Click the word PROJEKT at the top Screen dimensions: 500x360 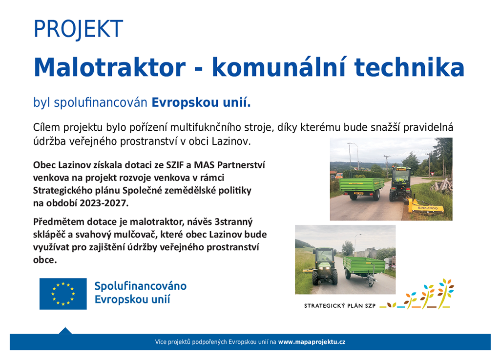[x=78, y=29]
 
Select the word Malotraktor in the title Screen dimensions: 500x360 [x=110, y=67]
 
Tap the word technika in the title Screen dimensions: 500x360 [x=409, y=67]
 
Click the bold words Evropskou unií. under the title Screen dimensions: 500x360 [x=201, y=102]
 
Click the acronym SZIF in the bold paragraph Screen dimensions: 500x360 [x=174, y=165]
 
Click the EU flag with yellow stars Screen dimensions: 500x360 [x=63, y=294]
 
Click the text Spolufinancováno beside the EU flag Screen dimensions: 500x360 [x=140, y=286]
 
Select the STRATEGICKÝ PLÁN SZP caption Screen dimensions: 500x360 [x=340, y=306]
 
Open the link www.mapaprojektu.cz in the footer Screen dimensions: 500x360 [x=312, y=342]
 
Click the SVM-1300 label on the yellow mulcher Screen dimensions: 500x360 [x=427, y=208]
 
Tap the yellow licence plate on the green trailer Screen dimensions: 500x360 [x=359, y=193]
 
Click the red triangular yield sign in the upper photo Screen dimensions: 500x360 [x=433, y=174]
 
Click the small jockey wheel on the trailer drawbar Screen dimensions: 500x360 [x=371, y=283]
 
